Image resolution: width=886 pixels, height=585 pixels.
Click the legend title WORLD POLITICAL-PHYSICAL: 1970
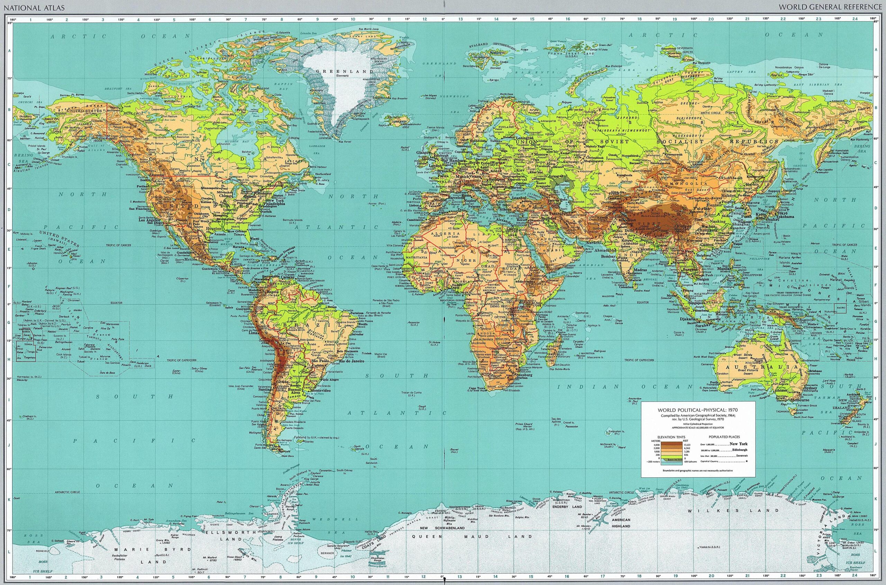point(698,409)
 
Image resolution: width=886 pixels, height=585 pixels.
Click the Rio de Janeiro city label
point(351,361)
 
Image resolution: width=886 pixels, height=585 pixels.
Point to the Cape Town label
point(478,388)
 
